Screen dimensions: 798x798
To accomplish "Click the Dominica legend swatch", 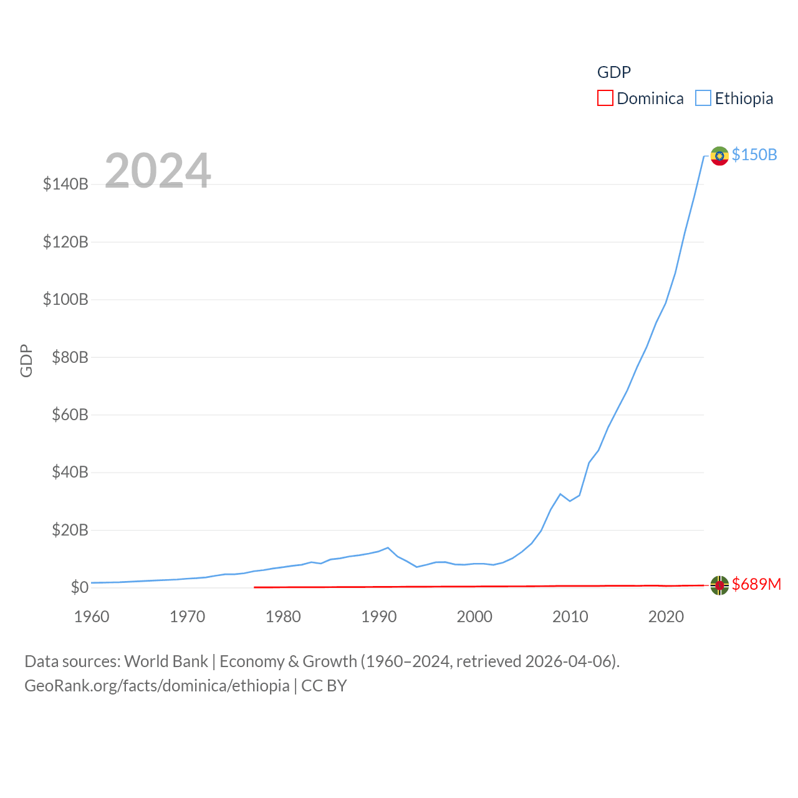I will (605, 99).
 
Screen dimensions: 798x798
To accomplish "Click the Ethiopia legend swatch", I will (703, 99).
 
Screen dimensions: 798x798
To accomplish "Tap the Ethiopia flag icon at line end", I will (719, 156).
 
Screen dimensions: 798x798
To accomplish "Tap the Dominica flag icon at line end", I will (719, 585).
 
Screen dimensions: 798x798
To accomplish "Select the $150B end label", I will (754, 155).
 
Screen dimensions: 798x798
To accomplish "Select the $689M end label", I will (756, 584).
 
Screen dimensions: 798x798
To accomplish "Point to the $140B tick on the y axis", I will (65, 184).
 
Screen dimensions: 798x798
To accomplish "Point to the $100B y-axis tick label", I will (65, 299).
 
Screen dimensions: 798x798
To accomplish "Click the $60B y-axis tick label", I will (70, 415).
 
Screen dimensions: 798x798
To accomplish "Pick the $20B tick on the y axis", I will (70, 530).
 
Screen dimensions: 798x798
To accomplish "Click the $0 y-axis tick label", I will (79, 587).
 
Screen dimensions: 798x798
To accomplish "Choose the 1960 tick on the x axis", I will (92, 617).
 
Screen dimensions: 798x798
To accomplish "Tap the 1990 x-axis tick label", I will (379, 617).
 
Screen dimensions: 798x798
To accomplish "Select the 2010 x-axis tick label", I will (570, 617).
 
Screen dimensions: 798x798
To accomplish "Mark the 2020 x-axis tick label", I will (666, 617).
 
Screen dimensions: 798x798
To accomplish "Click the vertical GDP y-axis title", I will (26, 360).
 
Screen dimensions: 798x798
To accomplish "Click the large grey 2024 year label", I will (158, 171).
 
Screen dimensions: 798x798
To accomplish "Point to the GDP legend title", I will (614, 72).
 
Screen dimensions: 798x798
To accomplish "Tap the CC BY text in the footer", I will (324, 686).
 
